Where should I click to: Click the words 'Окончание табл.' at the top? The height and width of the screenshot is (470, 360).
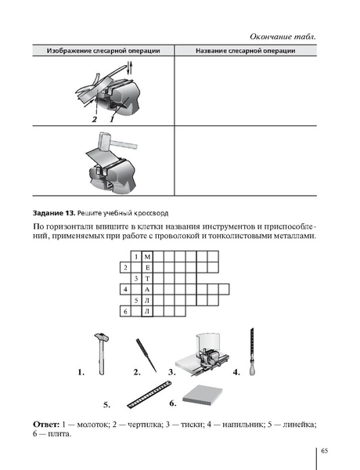286,37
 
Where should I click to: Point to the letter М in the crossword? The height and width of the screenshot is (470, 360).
148,256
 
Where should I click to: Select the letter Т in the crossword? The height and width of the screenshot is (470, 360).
148,278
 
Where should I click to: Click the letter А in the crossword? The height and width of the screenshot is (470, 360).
148,289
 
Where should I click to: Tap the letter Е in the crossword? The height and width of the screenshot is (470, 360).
148,267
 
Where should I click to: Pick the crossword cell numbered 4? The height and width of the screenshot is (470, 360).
125,289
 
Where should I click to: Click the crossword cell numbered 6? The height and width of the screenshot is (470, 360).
125,311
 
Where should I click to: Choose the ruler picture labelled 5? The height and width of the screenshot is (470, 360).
149,393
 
